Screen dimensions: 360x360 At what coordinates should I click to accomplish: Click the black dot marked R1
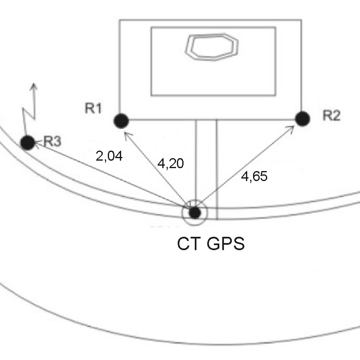[x=121, y=121]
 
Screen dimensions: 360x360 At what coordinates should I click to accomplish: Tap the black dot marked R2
[x=303, y=119]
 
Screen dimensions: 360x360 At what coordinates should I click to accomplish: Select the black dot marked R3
[x=28, y=143]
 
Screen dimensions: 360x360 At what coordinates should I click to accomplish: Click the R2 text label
[x=331, y=116]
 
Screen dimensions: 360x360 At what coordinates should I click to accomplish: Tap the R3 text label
[x=52, y=141]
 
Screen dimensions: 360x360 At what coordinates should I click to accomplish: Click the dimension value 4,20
[x=171, y=163]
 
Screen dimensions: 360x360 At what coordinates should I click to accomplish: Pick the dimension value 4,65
[x=254, y=176]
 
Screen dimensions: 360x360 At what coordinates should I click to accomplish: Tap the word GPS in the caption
[x=225, y=243]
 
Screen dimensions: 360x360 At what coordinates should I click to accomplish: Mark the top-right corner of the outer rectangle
[x=301, y=20]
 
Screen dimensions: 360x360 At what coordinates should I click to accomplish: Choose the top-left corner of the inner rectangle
[x=151, y=27]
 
